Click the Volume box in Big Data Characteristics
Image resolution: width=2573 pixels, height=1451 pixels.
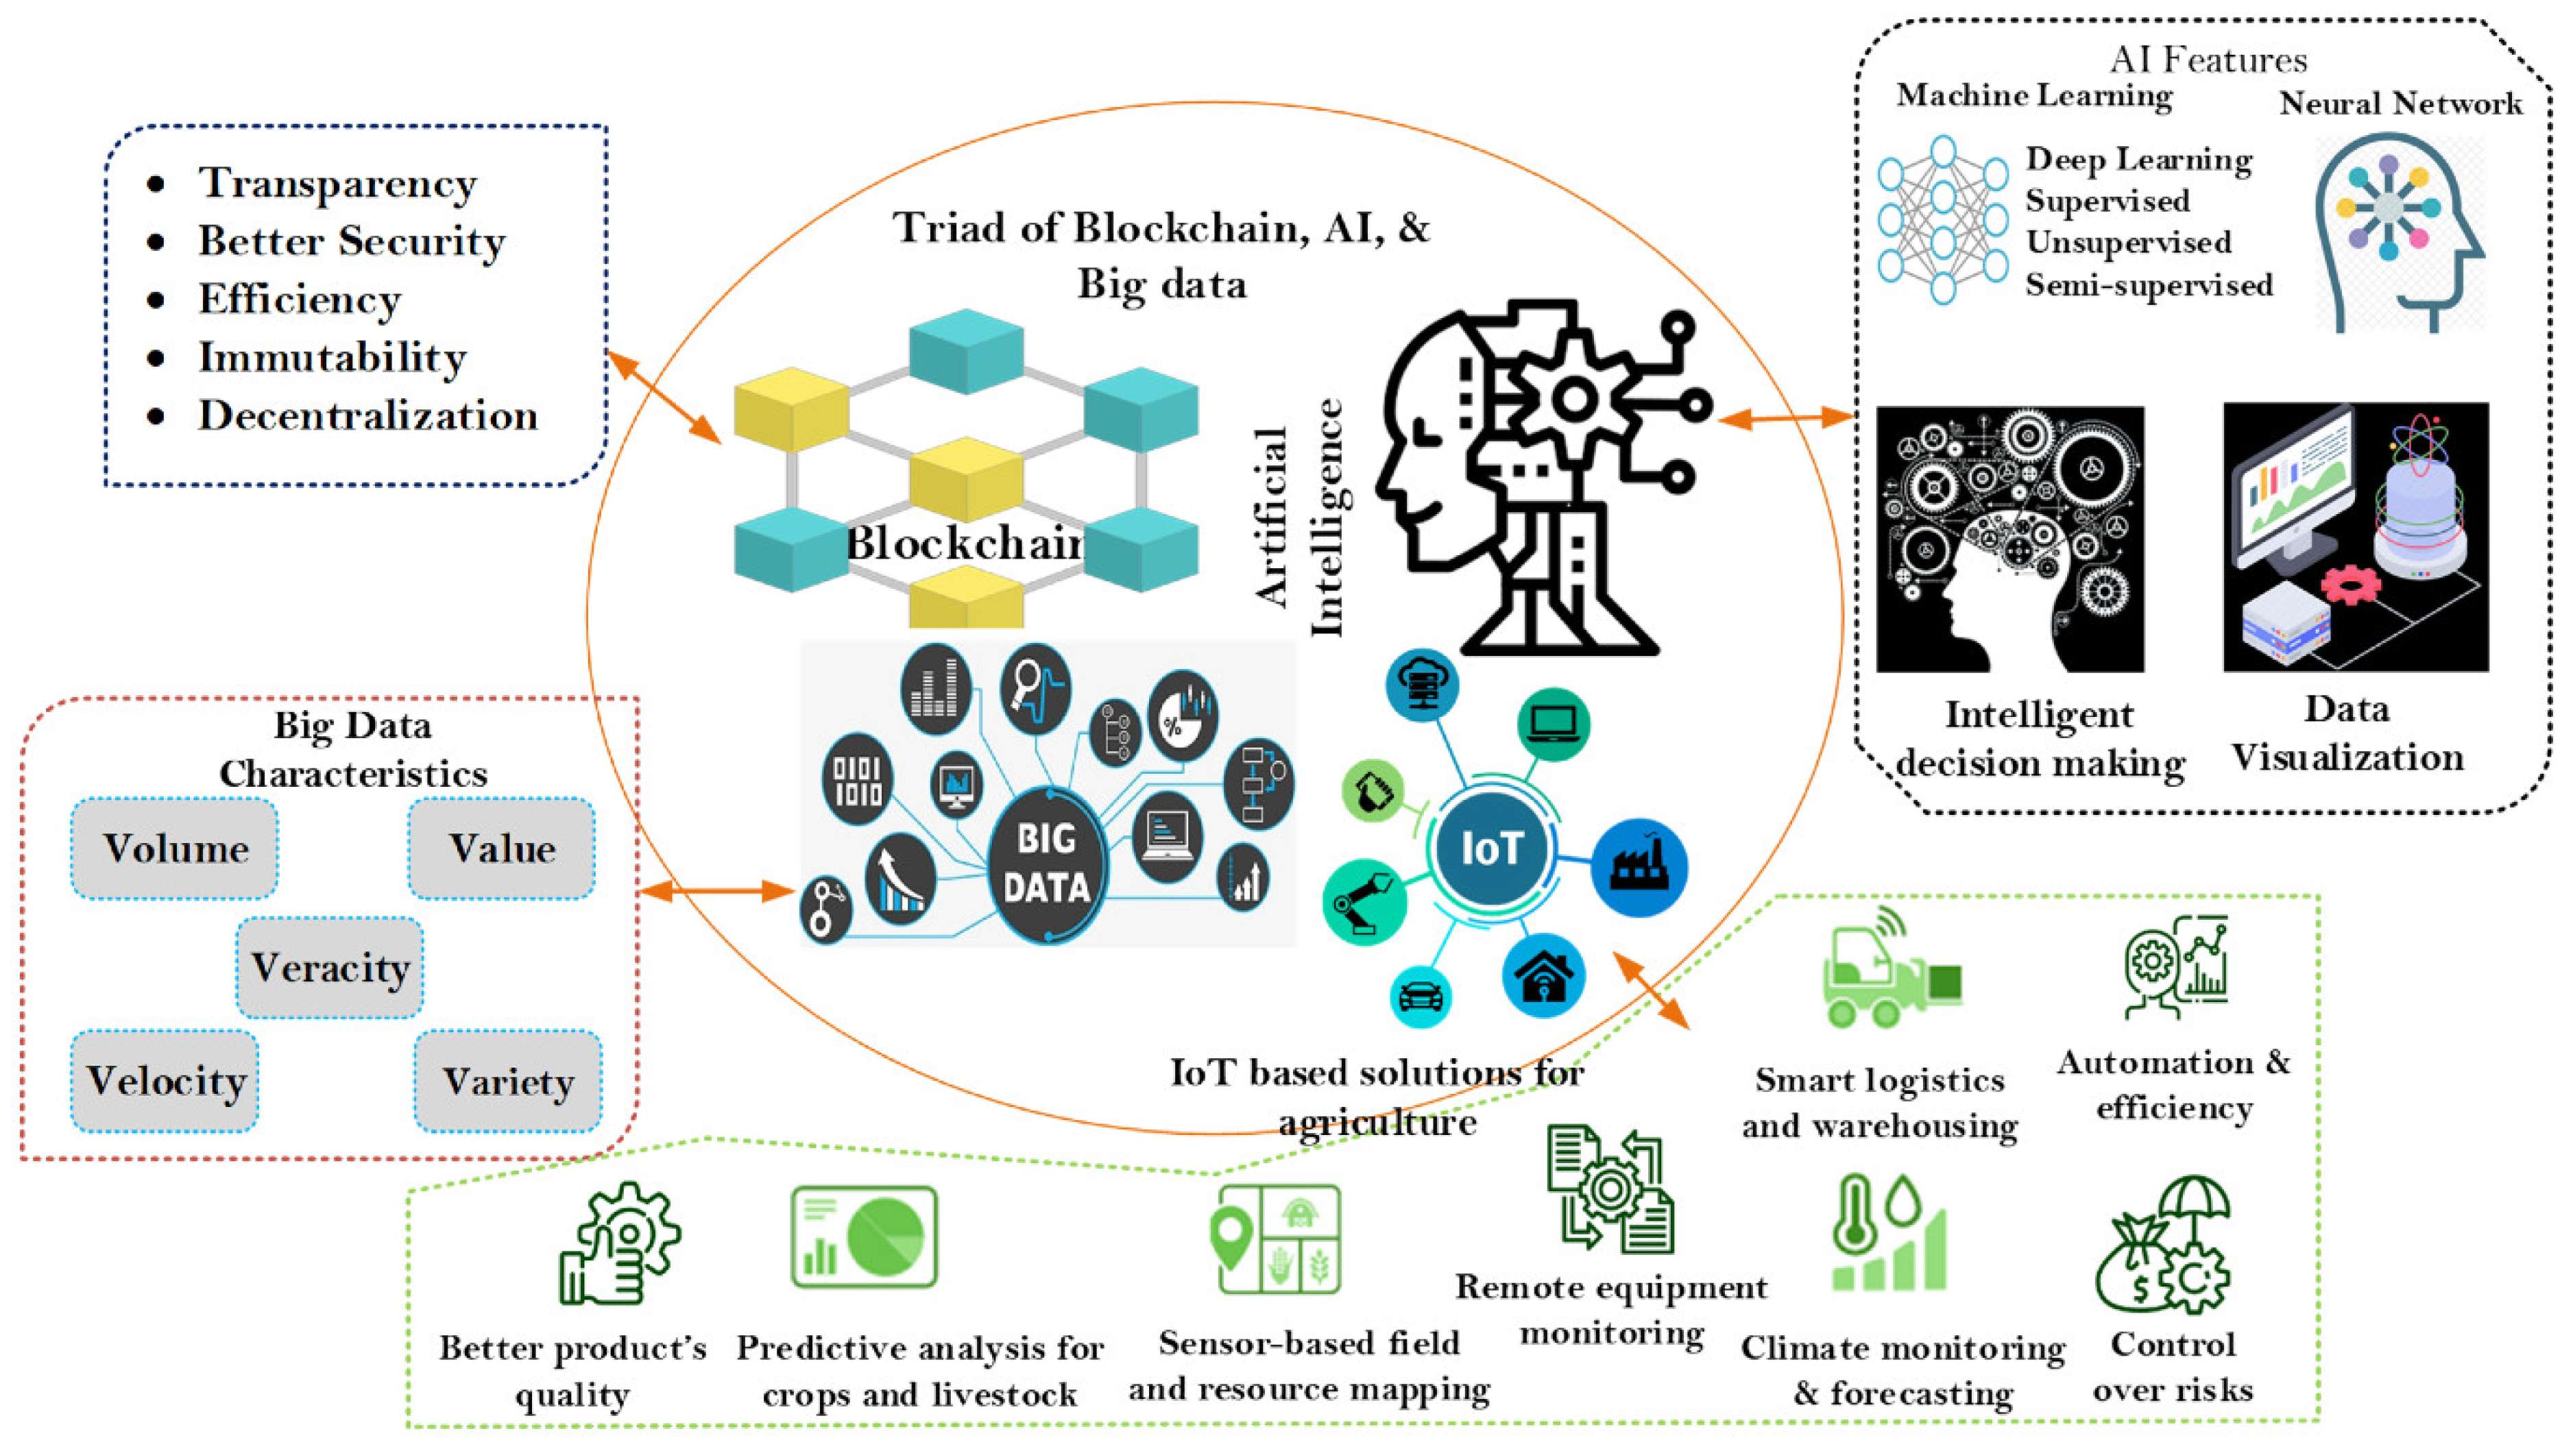[175, 849]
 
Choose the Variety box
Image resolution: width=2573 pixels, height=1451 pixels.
[509, 1082]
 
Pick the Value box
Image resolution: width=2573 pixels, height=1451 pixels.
[501, 849]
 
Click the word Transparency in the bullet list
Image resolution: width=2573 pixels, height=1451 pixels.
[337, 184]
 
